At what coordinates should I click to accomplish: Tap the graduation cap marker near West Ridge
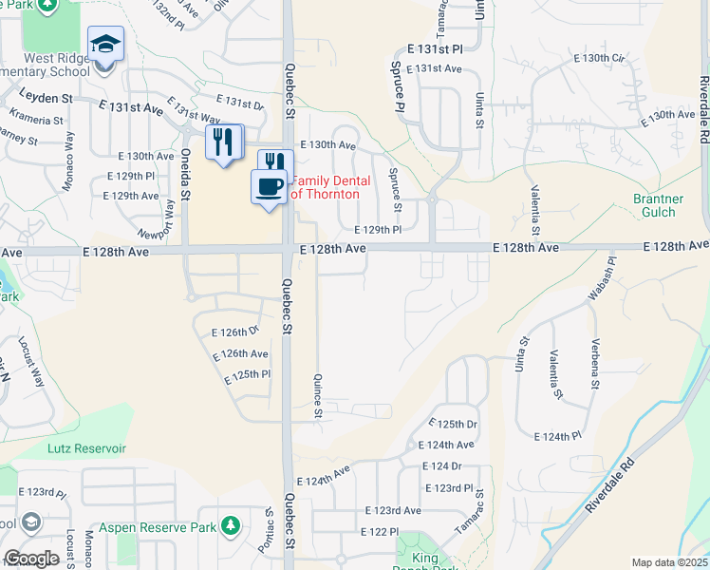(105, 44)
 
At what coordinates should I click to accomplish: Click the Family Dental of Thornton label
(325, 187)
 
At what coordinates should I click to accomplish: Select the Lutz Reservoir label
(87, 446)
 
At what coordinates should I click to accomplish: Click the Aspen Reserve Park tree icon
(229, 525)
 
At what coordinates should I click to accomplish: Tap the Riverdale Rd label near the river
(610, 490)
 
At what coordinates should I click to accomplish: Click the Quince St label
(319, 396)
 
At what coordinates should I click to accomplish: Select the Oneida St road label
(186, 173)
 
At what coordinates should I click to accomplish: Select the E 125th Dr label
(452, 423)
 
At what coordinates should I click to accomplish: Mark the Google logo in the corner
(31, 559)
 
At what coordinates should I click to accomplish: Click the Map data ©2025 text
(669, 562)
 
